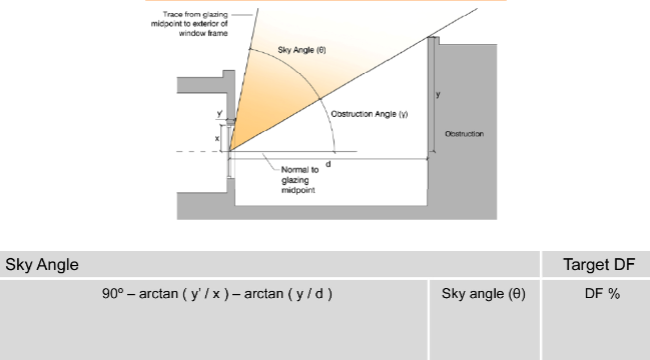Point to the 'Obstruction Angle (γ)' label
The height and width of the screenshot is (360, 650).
coord(369,114)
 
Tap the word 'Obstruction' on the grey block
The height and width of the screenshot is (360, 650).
coord(464,133)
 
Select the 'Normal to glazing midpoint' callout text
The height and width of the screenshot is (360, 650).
coord(292,179)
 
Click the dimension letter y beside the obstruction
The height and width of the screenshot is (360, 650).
coord(439,94)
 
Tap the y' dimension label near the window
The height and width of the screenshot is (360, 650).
coord(220,113)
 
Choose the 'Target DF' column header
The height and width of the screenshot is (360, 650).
coord(595,265)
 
